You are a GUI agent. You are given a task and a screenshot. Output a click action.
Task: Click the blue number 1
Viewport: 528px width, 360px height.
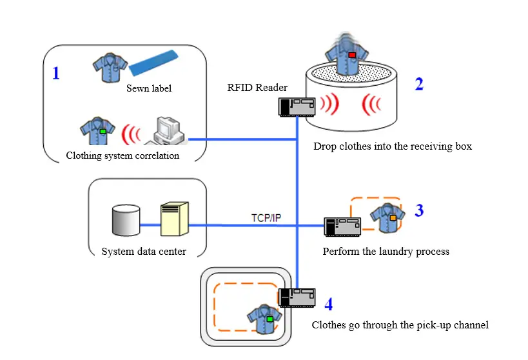tap(55, 73)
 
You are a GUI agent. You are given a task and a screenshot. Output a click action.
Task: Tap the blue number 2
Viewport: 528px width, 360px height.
tap(419, 84)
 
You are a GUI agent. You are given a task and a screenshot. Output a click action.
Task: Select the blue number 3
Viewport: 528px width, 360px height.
tap(419, 210)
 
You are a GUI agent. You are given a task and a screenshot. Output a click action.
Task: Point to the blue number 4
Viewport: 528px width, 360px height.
tap(328, 303)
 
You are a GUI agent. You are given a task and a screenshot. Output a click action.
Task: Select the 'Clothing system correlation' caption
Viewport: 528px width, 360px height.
tap(122, 155)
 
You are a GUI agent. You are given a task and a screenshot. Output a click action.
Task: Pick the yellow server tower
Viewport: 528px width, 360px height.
tap(174, 218)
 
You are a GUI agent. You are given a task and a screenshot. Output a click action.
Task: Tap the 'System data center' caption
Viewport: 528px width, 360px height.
tap(144, 252)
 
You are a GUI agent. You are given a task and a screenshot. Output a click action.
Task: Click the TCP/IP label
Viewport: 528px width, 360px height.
tap(266, 217)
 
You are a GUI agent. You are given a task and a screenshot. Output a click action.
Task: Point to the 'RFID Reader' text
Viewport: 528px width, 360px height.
tap(257, 88)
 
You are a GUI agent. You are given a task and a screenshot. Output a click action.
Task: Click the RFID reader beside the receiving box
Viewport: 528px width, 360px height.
tap(297, 106)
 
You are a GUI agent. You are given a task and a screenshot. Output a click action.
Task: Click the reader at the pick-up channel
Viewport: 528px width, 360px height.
tap(297, 297)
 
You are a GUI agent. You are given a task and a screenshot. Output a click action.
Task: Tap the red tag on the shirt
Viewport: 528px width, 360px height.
tap(352, 55)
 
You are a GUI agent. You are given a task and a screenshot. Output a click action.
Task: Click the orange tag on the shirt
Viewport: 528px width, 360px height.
tap(393, 218)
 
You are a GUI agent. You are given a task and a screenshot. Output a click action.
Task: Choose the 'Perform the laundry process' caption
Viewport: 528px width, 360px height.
tap(386, 252)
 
